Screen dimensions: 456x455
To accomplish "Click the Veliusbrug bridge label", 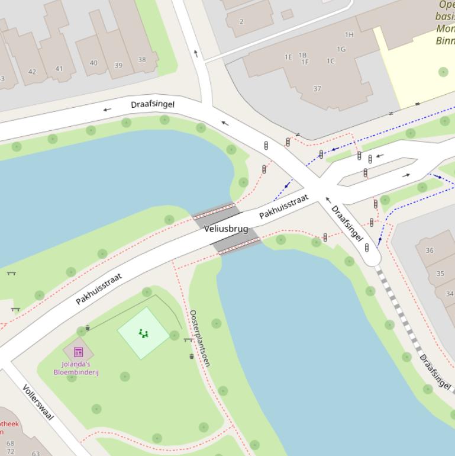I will click(226, 229).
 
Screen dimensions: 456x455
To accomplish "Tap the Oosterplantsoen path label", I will click(200, 338).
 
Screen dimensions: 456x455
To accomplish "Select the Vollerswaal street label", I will click(38, 402).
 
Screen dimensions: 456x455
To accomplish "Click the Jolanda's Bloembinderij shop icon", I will click(78, 352).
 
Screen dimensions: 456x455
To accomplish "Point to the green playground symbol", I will click(144, 333).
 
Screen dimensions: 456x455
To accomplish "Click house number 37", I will click(317, 89).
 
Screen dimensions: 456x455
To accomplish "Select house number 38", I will click(142, 60).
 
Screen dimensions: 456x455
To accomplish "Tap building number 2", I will click(241, 22).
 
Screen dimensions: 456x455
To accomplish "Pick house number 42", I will click(32, 72).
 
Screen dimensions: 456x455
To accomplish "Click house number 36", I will click(430, 251).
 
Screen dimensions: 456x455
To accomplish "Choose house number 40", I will click(93, 63).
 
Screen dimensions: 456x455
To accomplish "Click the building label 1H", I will click(349, 35).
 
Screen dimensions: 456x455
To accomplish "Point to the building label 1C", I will click(330, 60).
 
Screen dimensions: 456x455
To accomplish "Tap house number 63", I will click(36, 454).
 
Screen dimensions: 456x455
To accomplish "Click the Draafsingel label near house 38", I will click(153, 104).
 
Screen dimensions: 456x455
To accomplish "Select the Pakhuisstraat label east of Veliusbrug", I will click(284, 206).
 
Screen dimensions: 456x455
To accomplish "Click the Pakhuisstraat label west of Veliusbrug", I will click(99, 288).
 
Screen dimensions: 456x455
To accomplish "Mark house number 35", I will click(440, 274).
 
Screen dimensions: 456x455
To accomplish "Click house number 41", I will click(59, 69).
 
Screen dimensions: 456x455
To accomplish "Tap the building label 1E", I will click(288, 57).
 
